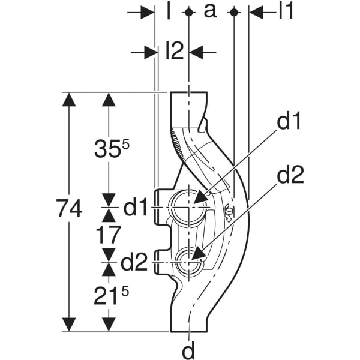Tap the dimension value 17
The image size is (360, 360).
[108, 235]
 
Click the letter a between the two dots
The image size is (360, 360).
[210, 11]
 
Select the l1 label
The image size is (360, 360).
[286, 11]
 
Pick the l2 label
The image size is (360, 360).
[173, 52]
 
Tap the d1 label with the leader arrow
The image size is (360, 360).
[289, 122]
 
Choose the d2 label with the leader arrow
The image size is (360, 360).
[290, 176]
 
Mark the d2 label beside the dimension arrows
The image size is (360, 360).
[135, 262]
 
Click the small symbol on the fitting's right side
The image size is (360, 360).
[229, 212]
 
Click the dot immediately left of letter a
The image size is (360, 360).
[188, 12]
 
